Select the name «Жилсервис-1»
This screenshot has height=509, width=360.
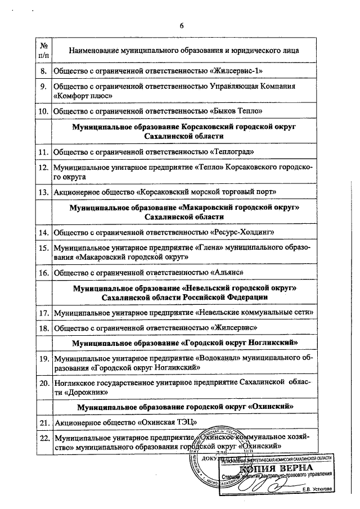pyautogui.click(x=238, y=71)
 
